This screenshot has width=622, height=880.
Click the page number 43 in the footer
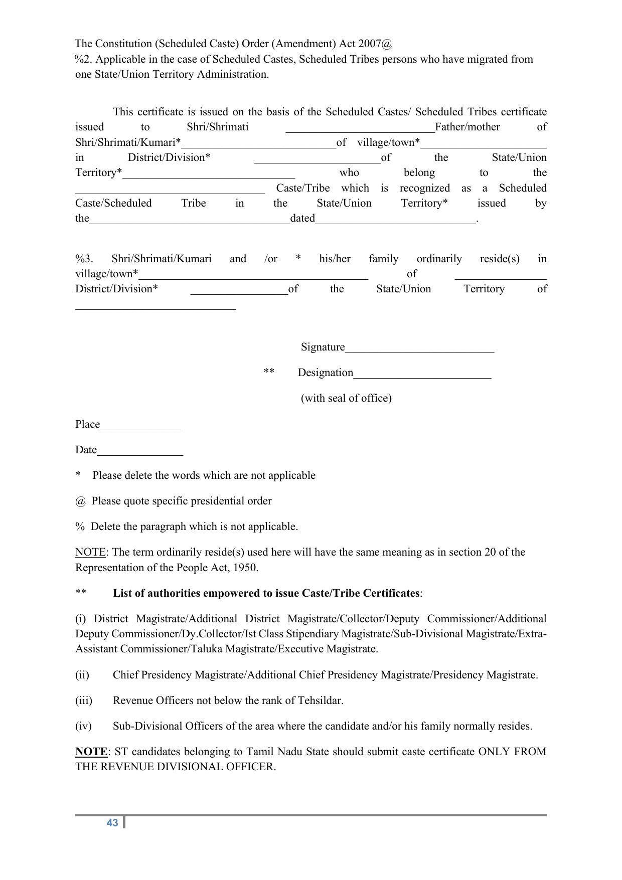point(112,823)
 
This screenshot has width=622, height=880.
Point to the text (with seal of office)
point(346,398)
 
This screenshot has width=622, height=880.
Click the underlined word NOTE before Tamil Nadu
point(91,752)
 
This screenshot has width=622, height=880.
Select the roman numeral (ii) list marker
point(82,675)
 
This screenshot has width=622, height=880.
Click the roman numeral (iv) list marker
point(83,726)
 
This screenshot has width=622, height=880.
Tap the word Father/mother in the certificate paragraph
point(467,127)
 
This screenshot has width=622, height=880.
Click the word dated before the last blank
point(302,218)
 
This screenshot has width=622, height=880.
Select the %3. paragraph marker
point(84,259)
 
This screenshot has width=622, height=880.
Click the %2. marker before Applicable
point(83,59)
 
